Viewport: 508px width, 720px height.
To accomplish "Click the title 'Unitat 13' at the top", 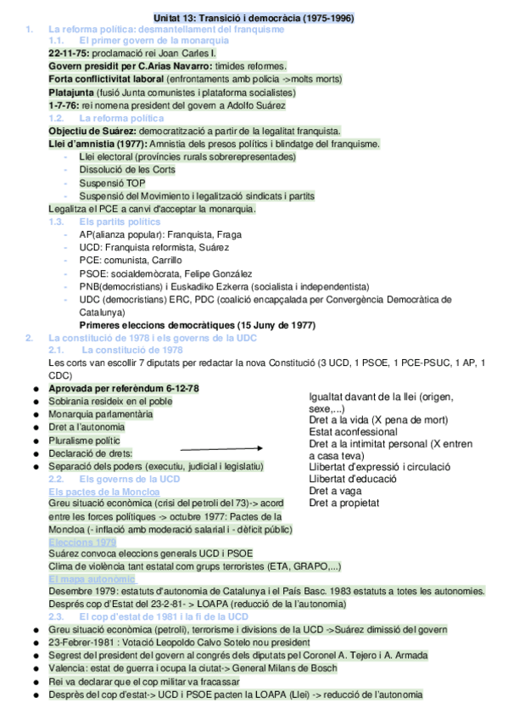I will click(179, 17).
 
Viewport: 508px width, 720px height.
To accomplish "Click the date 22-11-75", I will click(71, 53).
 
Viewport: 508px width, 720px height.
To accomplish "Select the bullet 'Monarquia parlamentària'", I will click(102, 414).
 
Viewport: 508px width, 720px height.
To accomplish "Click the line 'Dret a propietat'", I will click(343, 503).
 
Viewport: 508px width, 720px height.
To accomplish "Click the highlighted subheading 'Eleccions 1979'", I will click(83, 542).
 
